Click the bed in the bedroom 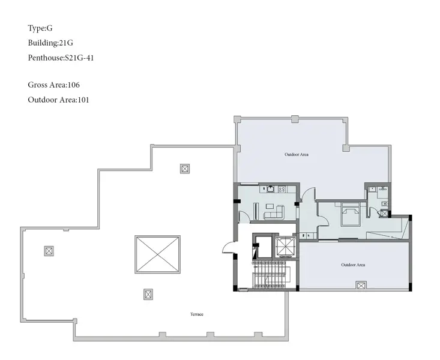[350, 214]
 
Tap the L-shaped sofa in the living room [274, 213]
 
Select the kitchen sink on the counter [270, 189]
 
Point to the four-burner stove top [282, 190]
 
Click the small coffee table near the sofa [270, 206]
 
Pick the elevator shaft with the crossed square [285, 247]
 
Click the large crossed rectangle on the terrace [157, 254]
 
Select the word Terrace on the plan [197, 314]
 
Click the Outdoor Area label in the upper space [297, 154]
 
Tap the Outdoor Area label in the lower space [353, 265]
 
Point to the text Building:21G [50, 43]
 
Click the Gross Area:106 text [53, 85]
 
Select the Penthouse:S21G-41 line [61, 58]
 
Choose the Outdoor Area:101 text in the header [58, 100]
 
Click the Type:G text [40, 28]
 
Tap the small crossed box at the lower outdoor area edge [361, 286]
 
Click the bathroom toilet [384, 204]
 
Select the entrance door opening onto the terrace [228, 247]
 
